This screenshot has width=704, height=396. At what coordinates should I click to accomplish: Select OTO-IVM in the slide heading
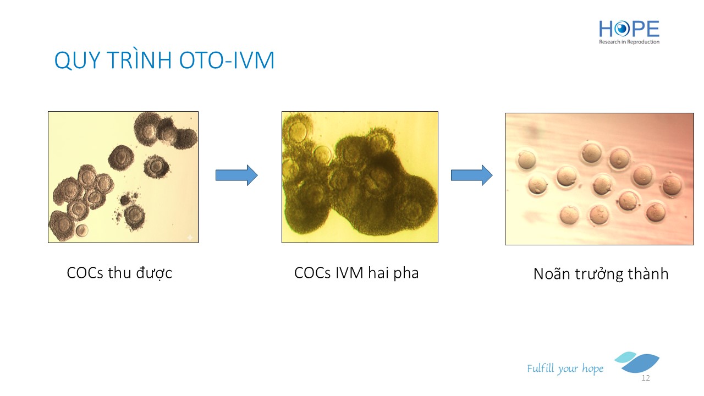click(227, 60)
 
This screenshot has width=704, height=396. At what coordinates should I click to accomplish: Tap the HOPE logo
click(629, 32)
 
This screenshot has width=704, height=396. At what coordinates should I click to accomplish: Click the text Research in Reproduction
click(629, 42)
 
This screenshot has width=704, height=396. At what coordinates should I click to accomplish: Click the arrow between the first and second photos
click(237, 175)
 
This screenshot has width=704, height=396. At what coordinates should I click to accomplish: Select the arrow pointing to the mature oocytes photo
click(472, 175)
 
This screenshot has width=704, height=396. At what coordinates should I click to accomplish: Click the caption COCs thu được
click(119, 273)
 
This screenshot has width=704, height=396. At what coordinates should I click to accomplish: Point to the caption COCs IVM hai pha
click(356, 273)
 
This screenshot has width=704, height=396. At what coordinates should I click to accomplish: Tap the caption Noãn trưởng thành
click(601, 274)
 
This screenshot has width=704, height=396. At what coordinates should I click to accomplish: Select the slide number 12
click(646, 378)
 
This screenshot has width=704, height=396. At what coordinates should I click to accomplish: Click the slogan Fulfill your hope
click(565, 369)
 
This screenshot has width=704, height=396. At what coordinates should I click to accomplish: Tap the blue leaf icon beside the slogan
click(637, 362)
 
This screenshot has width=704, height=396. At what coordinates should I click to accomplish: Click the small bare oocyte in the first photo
click(82, 230)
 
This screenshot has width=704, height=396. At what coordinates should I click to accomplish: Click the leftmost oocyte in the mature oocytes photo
click(526, 160)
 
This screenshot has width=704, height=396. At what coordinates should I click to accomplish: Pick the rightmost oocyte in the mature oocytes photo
click(672, 185)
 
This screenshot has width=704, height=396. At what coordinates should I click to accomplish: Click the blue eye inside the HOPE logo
click(621, 29)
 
